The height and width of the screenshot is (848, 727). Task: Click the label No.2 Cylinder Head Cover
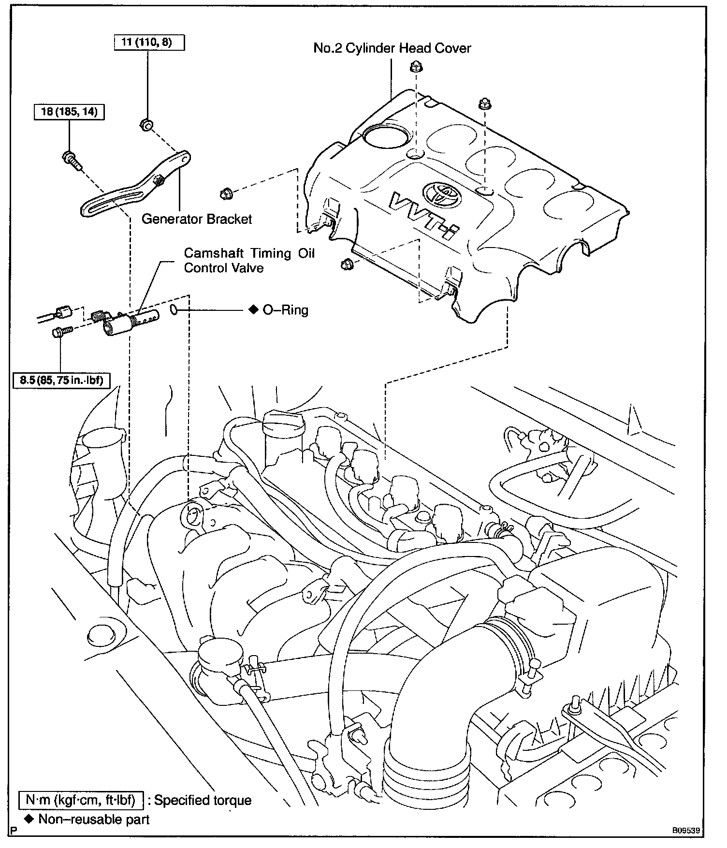392,48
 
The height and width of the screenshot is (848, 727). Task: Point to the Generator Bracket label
197,219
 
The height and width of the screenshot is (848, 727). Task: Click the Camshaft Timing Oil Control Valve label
249,260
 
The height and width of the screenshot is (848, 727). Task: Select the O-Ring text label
285,310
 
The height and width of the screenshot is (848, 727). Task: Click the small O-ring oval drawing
175,309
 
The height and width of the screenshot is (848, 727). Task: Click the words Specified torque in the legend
203,801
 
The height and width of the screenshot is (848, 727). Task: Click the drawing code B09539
685,831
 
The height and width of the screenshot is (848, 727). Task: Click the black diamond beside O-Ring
253,310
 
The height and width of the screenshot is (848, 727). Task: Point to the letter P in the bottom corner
13,832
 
